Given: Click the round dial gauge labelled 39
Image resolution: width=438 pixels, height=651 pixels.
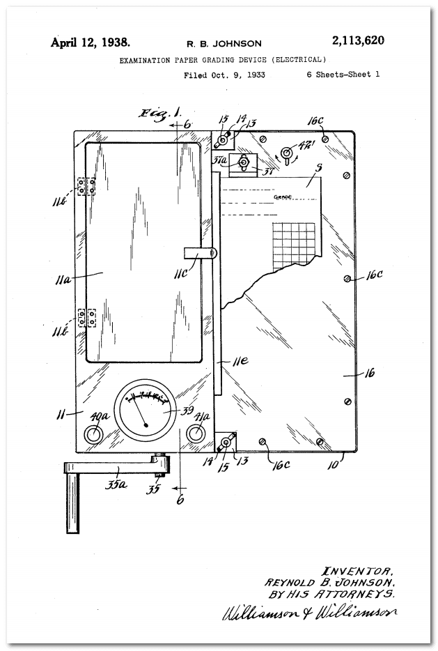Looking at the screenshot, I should tap(146, 412).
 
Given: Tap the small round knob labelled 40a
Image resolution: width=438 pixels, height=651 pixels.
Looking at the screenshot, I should tap(93, 434).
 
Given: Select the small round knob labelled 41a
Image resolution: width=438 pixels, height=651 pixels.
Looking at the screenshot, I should tap(196, 434).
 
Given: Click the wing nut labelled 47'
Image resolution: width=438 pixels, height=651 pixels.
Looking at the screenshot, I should tap(286, 153).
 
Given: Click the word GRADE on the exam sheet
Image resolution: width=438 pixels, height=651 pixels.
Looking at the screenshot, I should tap(282, 197).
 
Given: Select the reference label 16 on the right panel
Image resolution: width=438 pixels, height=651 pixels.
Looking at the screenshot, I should tap(369, 374).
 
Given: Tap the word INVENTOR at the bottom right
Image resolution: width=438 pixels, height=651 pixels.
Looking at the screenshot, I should tap(358, 569).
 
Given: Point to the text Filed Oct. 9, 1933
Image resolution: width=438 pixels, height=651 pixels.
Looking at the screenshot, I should tap(224, 75).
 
